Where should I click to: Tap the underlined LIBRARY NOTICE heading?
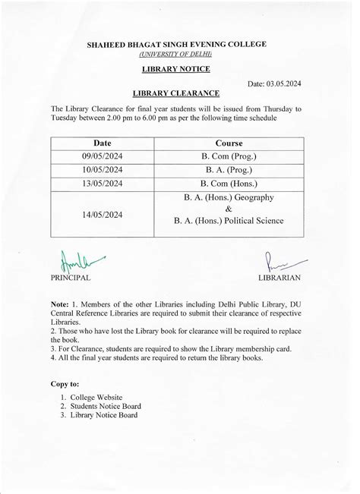coord(176,69)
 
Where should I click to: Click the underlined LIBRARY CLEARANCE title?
coord(176,93)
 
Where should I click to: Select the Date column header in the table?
coord(102,143)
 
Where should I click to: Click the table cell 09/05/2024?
coord(102,156)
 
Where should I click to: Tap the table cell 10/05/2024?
coord(102,170)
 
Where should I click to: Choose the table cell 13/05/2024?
coord(102,184)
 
